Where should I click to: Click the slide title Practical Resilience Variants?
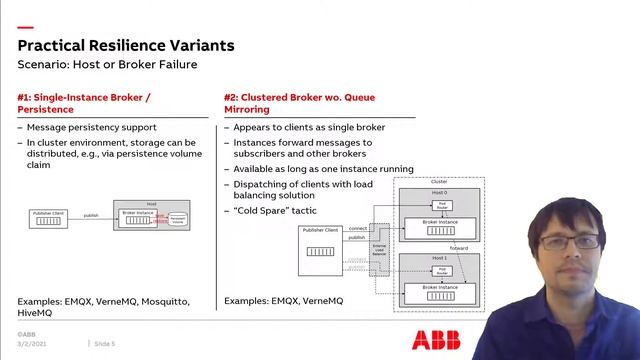126,45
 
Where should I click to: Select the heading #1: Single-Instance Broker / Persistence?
84,103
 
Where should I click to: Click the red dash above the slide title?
24,27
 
